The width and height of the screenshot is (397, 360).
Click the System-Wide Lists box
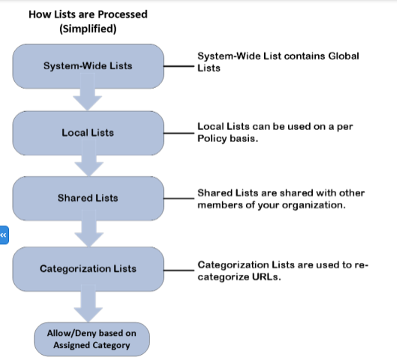(x=88, y=66)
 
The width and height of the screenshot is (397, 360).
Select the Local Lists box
(x=88, y=133)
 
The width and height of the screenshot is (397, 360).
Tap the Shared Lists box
(x=88, y=198)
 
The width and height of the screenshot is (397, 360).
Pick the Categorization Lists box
(x=88, y=269)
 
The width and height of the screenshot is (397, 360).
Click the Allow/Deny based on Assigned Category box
(x=92, y=339)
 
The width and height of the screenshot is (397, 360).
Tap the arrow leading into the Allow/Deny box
(x=88, y=304)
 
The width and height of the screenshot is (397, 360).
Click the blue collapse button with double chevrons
(x=4, y=235)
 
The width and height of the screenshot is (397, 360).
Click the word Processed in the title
(x=123, y=14)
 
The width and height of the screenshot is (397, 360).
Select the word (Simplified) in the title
(x=88, y=29)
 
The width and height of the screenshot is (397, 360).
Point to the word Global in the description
(x=344, y=56)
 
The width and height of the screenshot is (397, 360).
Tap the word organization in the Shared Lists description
(x=314, y=205)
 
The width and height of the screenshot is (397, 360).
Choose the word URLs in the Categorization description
(x=266, y=277)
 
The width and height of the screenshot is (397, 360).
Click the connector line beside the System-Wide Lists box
(x=179, y=66)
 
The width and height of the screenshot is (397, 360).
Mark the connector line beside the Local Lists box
(x=179, y=133)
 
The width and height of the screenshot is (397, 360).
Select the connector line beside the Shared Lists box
(x=179, y=198)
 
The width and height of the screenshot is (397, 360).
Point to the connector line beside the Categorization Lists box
(x=179, y=271)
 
